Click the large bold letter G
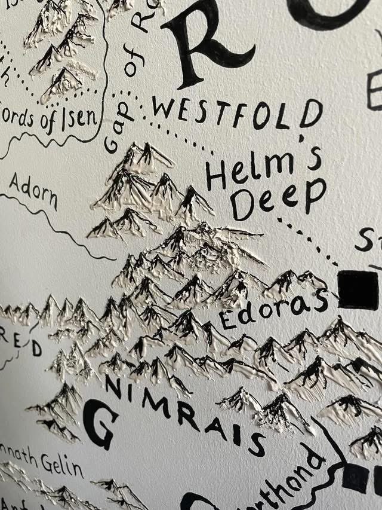coord(101,424)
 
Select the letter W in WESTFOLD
coord(164,108)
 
